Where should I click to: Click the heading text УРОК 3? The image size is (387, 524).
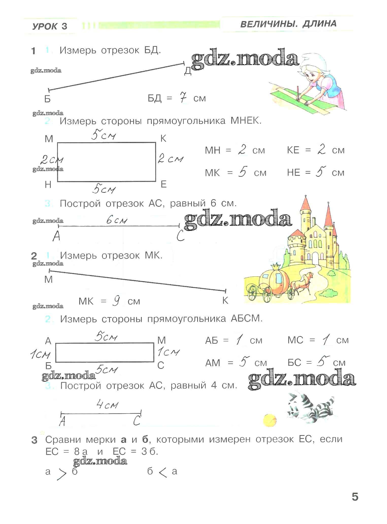coord(50,26)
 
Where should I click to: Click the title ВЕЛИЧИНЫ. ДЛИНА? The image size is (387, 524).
coord(288,24)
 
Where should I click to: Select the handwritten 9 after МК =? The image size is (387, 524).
coord(116,301)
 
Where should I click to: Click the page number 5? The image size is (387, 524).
coord(355,497)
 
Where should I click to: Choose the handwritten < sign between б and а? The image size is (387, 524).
coord(162,472)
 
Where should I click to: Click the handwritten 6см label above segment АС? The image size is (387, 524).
coord(116,220)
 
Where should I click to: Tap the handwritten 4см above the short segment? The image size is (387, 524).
coord(107,405)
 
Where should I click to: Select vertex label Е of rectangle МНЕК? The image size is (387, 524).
coord(164,184)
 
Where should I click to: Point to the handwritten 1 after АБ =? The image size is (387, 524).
coord(239,340)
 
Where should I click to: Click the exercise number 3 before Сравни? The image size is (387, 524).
coord(34,440)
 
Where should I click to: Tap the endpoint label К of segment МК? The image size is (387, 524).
coord(225,300)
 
